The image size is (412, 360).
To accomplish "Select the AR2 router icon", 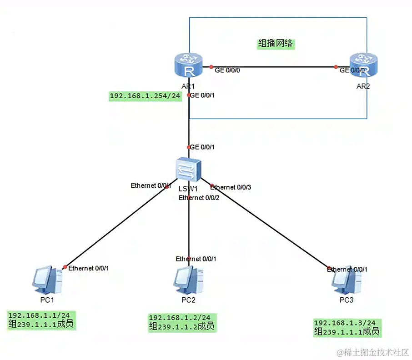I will [x=363, y=66].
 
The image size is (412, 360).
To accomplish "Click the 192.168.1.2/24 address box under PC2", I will [x=182, y=322].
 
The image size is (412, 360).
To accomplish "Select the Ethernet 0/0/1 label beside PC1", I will [x=88, y=268].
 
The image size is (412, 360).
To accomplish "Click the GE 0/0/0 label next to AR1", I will [x=227, y=70].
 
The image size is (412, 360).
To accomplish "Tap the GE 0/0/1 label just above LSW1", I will [x=202, y=147].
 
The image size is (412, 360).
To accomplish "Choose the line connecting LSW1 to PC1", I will [x=114, y=227].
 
